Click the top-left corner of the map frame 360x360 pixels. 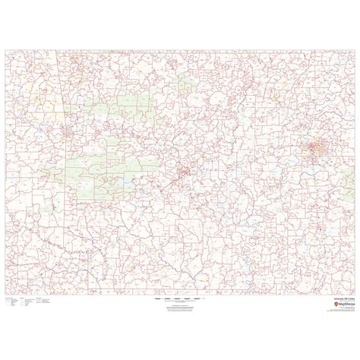5,50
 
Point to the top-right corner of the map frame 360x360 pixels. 355,50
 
